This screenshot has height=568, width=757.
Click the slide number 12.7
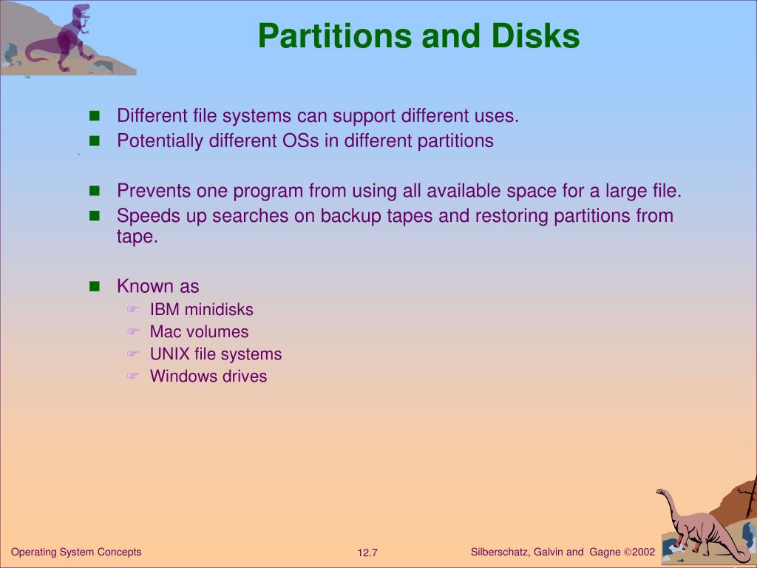click(367, 553)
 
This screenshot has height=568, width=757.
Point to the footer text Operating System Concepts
click(76, 552)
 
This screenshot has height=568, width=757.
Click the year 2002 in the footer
click(643, 552)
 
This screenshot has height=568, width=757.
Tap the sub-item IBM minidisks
click(201, 309)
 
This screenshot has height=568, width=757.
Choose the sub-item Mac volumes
click(199, 331)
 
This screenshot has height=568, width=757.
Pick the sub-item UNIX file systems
click(215, 354)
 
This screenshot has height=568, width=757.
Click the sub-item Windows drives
click(208, 376)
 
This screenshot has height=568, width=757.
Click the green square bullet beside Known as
click(94, 287)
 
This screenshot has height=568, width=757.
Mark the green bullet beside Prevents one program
click(94, 192)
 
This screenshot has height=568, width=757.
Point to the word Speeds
click(140, 216)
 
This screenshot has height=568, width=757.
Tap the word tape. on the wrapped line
click(138, 237)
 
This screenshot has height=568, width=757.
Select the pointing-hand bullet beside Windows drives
click(132, 376)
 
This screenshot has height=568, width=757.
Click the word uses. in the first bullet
click(499, 116)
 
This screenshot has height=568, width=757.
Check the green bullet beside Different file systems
click(94, 117)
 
